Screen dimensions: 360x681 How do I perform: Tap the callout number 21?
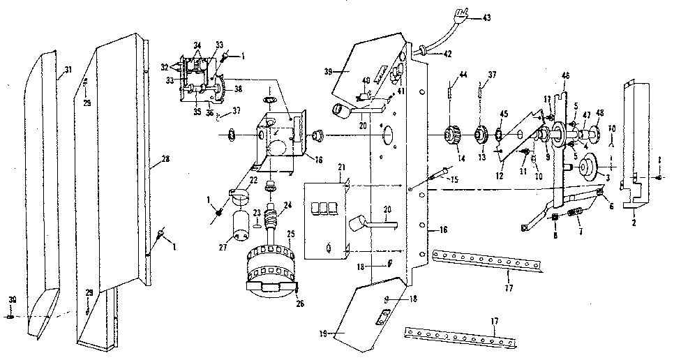pyautogui.click(x=342, y=169)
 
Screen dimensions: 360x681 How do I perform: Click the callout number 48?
pyautogui.click(x=599, y=115)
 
